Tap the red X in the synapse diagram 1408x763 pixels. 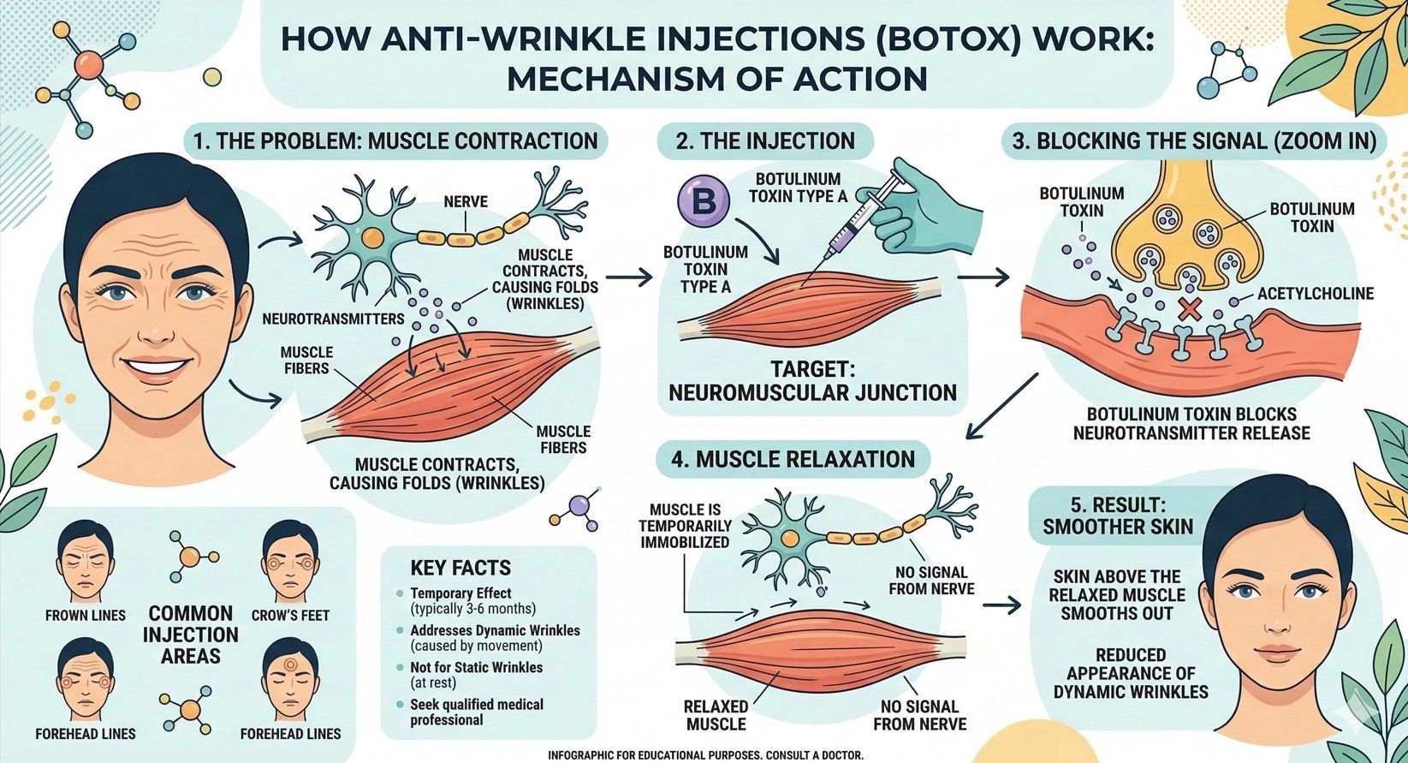[x=1187, y=310]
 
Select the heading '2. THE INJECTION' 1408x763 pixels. [x=765, y=141]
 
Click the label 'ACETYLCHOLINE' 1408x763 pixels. [x=1315, y=294]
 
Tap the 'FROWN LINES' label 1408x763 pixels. [x=85, y=615]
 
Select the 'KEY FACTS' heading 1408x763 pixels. [x=460, y=568]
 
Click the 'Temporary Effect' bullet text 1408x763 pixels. [x=460, y=593]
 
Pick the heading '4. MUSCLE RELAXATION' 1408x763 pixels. [x=793, y=459]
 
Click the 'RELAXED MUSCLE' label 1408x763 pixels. [x=716, y=715]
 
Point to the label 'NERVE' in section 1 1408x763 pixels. [x=466, y=202]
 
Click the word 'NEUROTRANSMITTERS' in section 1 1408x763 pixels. [x=333, y=319]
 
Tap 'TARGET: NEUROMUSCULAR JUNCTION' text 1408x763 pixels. [x=811, y=381]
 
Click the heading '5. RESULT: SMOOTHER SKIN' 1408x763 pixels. [x=1117, y=514]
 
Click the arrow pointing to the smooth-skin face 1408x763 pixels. [x=1001, y=605]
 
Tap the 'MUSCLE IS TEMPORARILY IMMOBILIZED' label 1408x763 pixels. [x=685, y=525]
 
